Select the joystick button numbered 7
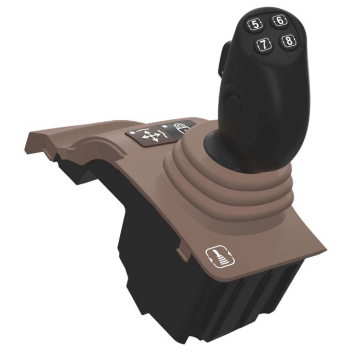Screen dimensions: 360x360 tap(264, 45)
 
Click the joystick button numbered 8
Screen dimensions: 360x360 tap(290, 41)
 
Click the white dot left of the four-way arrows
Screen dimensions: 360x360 tap(134, 132)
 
